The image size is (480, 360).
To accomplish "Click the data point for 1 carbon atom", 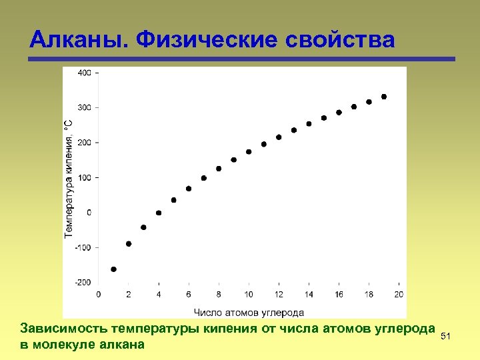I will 113,269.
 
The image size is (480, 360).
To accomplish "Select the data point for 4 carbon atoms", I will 159,213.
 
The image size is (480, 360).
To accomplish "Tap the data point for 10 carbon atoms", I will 249,151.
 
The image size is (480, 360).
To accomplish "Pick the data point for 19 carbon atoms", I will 384,97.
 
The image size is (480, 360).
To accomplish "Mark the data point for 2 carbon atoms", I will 129,244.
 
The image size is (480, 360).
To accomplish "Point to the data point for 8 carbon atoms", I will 219,169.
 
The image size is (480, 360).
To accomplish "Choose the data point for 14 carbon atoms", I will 309,123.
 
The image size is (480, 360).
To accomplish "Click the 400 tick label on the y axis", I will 85,73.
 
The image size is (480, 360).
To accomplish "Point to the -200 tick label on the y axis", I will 83,282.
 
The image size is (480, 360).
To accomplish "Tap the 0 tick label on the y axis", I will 89,212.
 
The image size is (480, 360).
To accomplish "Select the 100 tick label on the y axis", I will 85,177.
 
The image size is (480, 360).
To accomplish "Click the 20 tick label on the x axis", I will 399,294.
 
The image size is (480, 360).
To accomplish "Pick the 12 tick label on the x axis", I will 279,294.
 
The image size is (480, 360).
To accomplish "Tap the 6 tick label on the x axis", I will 189,294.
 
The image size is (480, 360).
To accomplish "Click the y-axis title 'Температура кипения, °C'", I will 69,179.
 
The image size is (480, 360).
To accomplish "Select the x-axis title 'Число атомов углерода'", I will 249,311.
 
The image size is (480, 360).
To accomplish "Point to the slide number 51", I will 447,337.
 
